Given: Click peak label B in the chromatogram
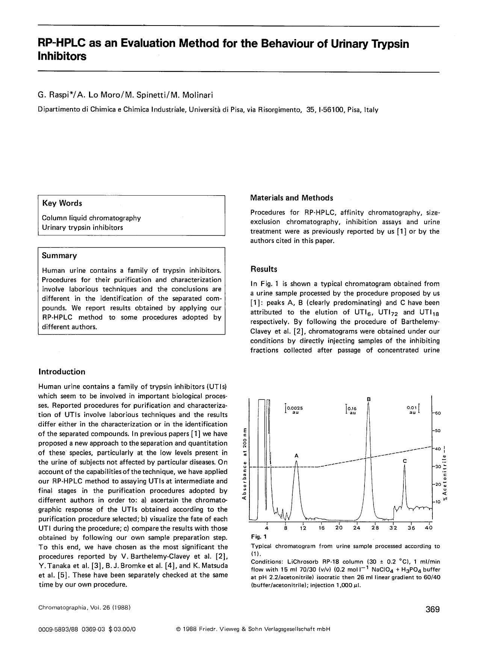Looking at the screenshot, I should click(x=369, y=399).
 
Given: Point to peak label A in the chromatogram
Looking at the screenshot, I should click(x=296, y=455).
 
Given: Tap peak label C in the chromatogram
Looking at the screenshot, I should click(x=405, y=461).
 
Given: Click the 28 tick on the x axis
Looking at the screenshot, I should click(x=375, y=527).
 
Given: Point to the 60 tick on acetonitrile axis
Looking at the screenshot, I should click(x=438, y=413).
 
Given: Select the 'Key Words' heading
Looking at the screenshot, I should click(x=62, y=203).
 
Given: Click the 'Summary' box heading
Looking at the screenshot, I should click(x=59, y=256).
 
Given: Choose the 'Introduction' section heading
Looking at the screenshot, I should click(x=62, y=372).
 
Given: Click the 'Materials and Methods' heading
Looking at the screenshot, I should click(x=292, y=198).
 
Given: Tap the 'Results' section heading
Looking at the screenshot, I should click(x=264, y=269).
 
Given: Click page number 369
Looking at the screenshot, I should click(x=432, y=609).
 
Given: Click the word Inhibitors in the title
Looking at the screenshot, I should click(x=62, y=56).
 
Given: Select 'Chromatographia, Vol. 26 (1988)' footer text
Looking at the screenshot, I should click(x=85, y=607).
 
